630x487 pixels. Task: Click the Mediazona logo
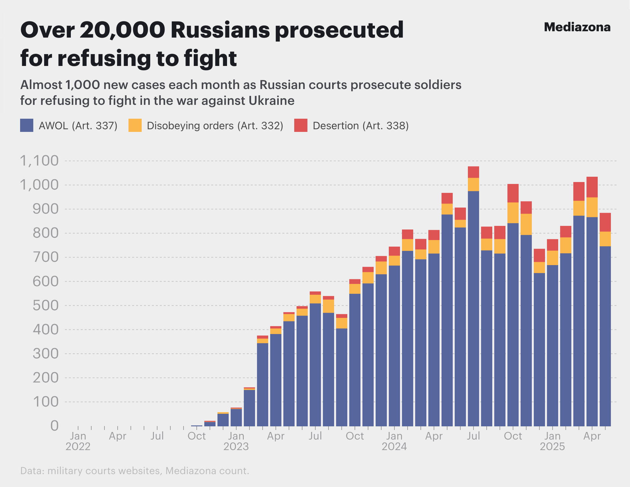(x=577, y=27)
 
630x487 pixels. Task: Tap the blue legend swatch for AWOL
(x=27, y=126)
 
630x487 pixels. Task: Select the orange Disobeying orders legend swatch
(x=135, y=126)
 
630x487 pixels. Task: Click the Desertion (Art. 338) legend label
(x=360, y=126)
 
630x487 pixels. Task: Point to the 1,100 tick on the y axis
(x=39, y=161)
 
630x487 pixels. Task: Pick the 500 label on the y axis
(x=45, y=306)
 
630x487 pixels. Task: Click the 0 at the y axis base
(x=54, y=426)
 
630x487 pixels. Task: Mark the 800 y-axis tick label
(x=45, y=233)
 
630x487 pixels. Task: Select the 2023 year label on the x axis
(x=236, y=447)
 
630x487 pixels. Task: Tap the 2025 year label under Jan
(x=552, y=447)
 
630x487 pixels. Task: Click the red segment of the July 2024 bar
(x=473, y=172)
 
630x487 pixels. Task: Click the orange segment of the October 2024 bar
(x=513, y=213)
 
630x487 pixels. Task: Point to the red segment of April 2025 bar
(x=592, y=187)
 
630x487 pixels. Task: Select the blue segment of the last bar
(x=605, y=336)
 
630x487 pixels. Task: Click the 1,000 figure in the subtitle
(x=82, y=85)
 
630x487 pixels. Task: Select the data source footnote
(x=134, y=471)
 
